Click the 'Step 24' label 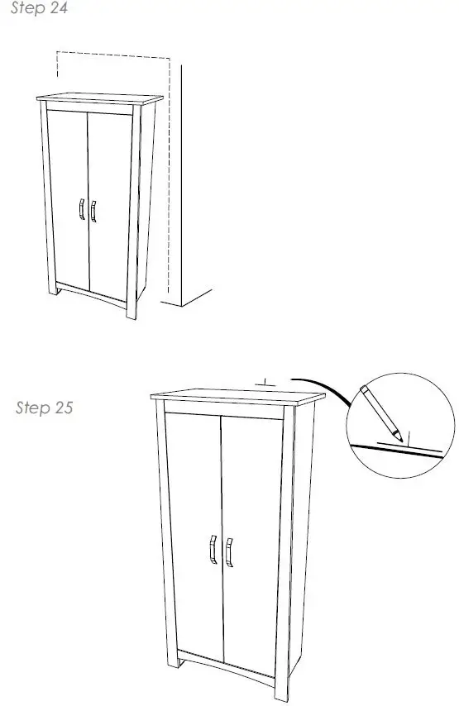(38, 10)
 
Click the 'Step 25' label (45, 408)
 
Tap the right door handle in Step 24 (93, 211)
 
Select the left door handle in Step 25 (213, 550)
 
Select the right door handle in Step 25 (229, 551)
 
